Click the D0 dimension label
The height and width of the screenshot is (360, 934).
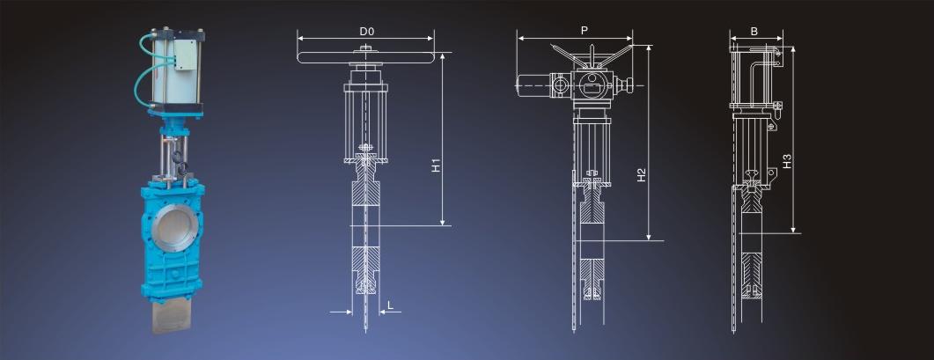[365, 31]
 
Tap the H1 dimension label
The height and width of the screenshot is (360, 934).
[436, 165]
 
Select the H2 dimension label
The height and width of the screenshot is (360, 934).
[641, 174]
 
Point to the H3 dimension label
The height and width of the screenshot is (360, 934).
[787, 160]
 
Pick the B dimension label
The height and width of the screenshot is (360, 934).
[754, 32]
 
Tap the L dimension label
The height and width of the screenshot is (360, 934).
[390, 305]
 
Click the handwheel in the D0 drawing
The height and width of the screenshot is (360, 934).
[365, 57]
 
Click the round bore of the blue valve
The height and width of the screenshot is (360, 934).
[173, 228]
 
